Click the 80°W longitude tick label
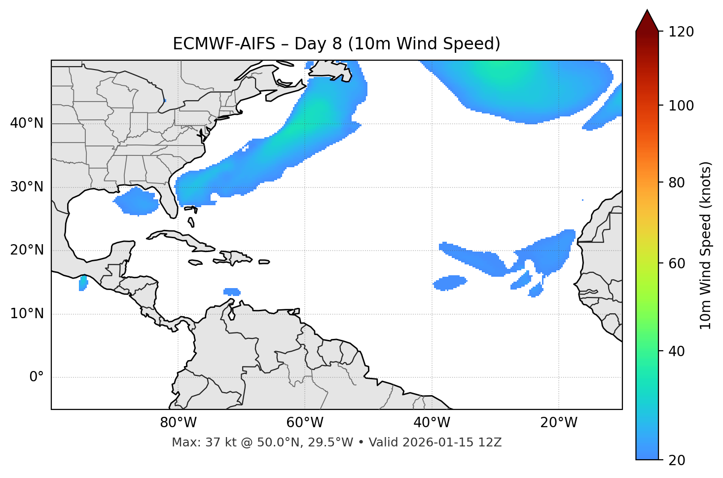click(x=178, y=423)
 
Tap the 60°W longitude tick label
click(x=305, y=423)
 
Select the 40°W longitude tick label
click(x=432, y=423)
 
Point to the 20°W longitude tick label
click(x=558, y=423)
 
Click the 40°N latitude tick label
click(x=27, y=123)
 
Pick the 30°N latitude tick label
click(x=27, y=187)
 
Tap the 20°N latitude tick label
click(x=27, y=250)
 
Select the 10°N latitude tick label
click(x=27, y=314)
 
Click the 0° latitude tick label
click(x=36, y=377)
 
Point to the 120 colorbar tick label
click(x=681, y=32)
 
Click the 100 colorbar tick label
click(x=681, y=106)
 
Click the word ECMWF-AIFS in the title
click(x=223, y=44)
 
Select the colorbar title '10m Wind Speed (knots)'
click(x=706, y=246)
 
